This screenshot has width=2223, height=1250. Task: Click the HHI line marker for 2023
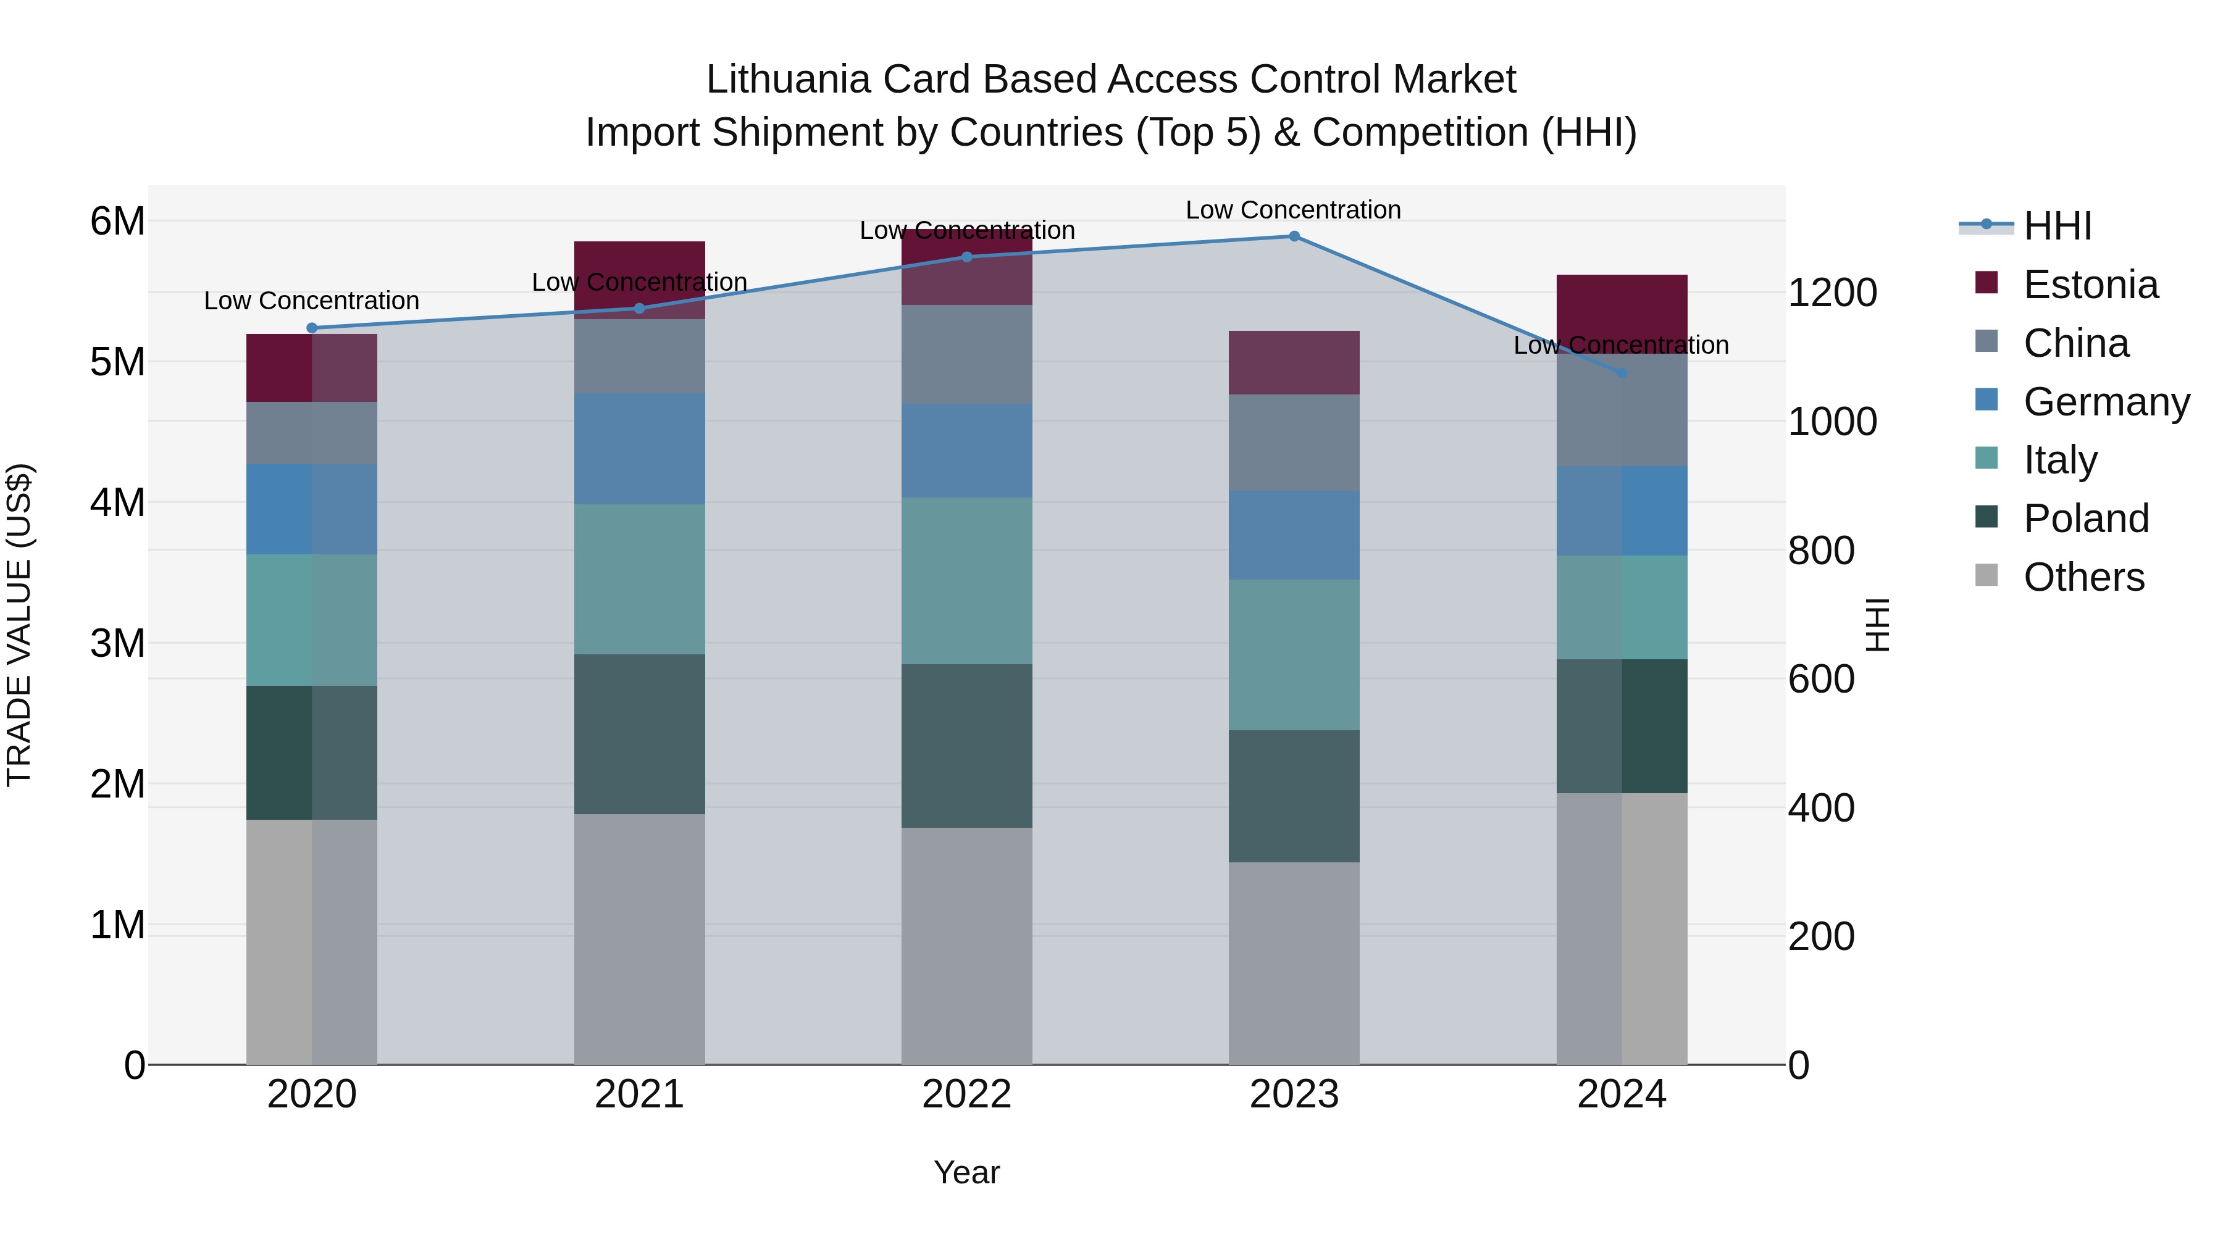click(x=1294, y=236)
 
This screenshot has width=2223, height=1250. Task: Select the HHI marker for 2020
click(x=312, y=328)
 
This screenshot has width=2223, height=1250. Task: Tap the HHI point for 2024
click(x=1622, y=373)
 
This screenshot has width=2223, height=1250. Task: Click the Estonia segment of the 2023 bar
click(x=1294, y=362)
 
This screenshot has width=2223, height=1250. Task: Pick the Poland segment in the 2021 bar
click(x=640, y=733)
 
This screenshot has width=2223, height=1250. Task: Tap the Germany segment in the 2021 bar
click(x=640, y=449)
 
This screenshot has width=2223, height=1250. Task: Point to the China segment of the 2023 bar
click(x=1294, y=443)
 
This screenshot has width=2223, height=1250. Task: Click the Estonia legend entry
click(x=2090, y=285)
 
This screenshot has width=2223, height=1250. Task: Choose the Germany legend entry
click(x=2106, y=402)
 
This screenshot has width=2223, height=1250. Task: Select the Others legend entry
click(x=2083, y=577)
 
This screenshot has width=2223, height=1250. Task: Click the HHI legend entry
click(x=2058, y=226)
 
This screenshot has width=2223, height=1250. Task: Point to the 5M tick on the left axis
click(x=117, y=362)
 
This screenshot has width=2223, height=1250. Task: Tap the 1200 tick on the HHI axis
click(x=1832, y=293)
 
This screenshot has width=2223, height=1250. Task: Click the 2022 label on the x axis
click(x=966, y=1094)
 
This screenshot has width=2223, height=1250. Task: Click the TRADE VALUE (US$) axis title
click(x=19, y=625)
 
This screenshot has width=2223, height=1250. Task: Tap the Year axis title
click(x=966, y=1172)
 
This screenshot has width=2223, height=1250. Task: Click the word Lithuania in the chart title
click(x=788, y=80)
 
